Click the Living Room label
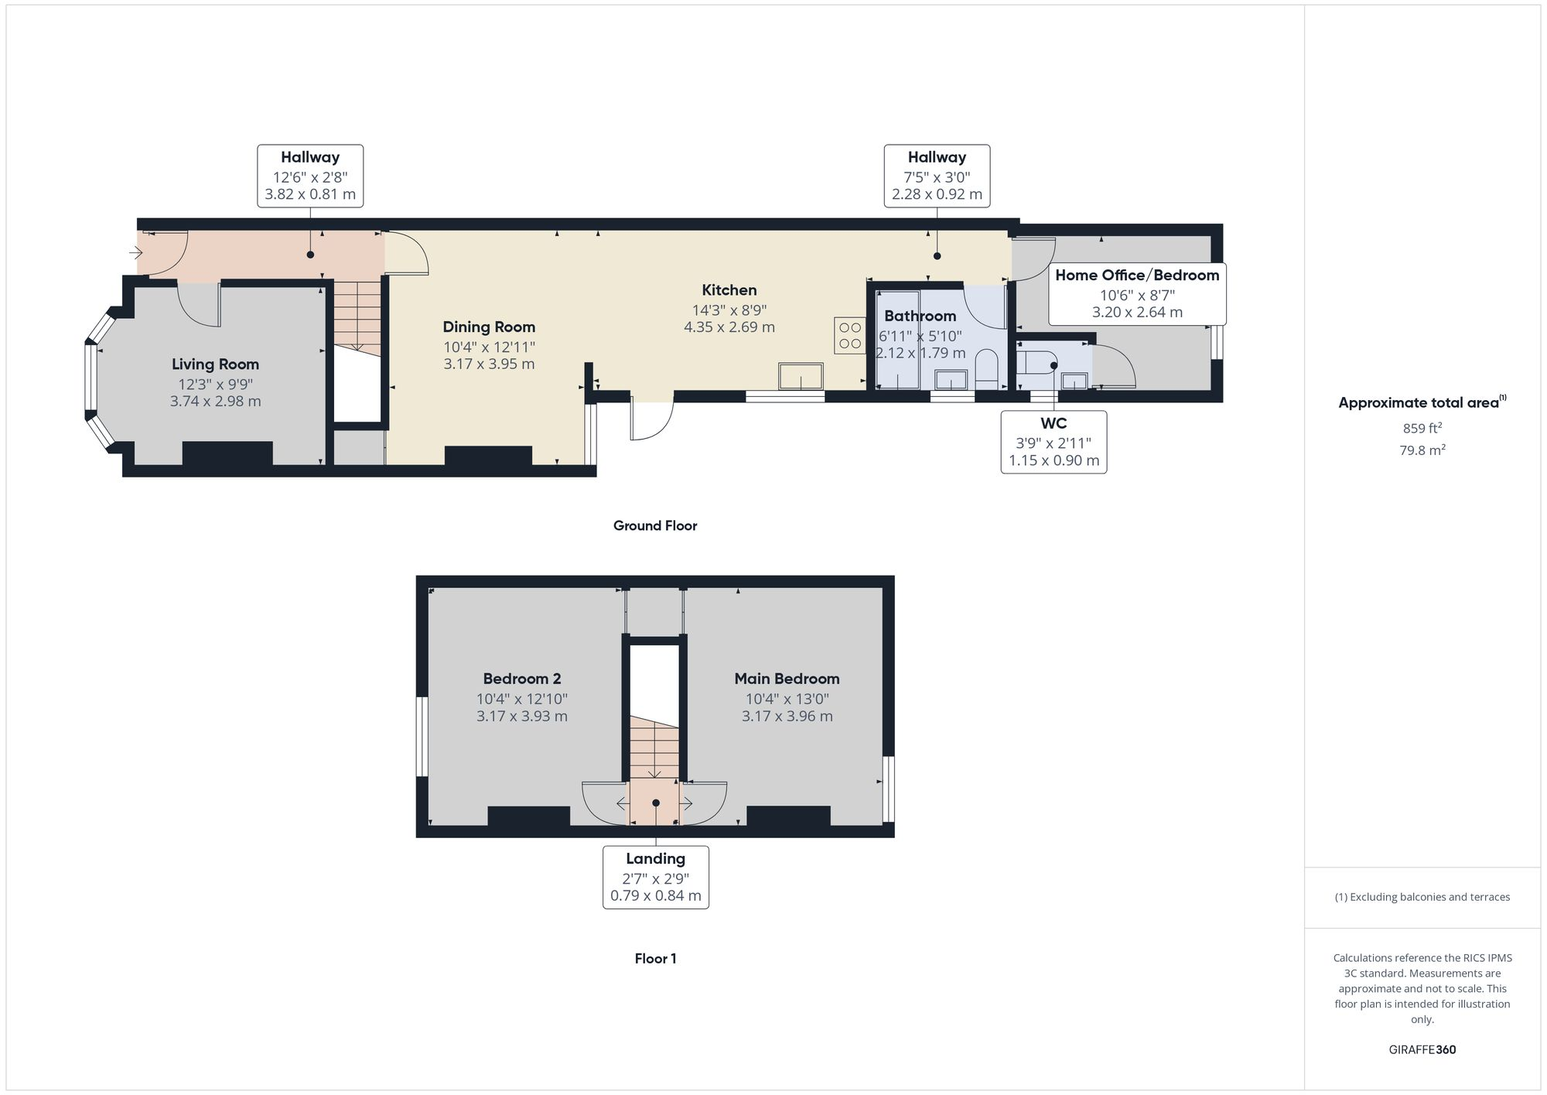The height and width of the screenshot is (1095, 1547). pos(215,364)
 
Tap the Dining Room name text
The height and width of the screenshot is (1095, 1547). pos(489,327)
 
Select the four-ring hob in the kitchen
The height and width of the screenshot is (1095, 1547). pos(849,336)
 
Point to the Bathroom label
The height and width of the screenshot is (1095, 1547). pos(920,316)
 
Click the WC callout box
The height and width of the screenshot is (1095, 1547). pos(1054,442)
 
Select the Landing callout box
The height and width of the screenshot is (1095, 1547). pos(655,877)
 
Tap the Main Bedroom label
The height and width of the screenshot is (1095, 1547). pos(787,679)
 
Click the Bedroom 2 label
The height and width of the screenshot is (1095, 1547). pos(521,679)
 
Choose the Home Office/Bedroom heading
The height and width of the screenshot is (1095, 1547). pos(1137,275)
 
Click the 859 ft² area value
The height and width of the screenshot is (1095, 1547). pos(1422,428)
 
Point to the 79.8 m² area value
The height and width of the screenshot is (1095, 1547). pos(1422,450)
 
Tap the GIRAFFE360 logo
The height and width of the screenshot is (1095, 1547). pos(1422,1050)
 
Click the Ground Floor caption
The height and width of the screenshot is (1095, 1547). pos(655,525)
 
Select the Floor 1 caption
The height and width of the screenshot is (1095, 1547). pos(655,958)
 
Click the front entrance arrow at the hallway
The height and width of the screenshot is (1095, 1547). pos(136,252)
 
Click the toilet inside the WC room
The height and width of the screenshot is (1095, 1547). pos(1035,361)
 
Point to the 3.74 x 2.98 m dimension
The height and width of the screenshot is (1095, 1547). pos(215,402)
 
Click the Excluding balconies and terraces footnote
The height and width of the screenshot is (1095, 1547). pos(1422,897)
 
